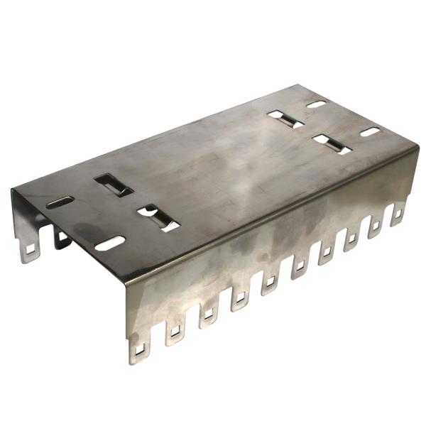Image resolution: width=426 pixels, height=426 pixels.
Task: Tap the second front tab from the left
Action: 173,328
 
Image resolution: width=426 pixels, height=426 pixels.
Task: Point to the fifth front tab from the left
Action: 269,281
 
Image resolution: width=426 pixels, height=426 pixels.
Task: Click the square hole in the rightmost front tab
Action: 398,212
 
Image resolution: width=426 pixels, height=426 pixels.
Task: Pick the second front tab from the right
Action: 374,224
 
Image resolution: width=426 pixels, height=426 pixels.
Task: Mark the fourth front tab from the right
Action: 327,250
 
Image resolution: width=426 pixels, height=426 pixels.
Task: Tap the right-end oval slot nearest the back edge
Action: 316,104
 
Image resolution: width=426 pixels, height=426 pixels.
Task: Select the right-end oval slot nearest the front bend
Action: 370,131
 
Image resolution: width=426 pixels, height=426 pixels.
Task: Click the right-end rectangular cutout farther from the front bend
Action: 285,119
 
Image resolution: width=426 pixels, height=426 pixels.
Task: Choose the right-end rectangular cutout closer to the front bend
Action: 332,143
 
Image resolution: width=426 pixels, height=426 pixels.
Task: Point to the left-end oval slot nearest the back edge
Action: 60,202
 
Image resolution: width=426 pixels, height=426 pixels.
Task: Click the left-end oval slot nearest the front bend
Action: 110,243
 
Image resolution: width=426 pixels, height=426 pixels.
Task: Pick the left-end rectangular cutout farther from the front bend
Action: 114,184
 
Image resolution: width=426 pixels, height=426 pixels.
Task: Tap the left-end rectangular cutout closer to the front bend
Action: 158,218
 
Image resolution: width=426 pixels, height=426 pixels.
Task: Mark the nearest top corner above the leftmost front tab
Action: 126,280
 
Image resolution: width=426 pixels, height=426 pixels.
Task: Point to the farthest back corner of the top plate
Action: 299,85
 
